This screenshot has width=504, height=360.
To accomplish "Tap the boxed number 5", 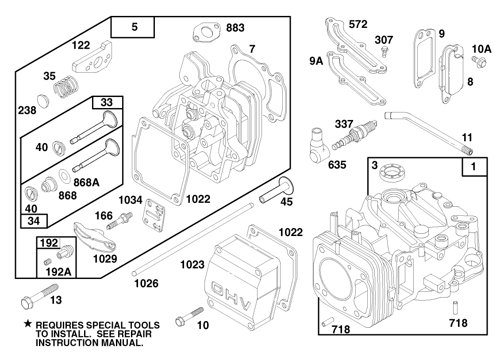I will point(135,27).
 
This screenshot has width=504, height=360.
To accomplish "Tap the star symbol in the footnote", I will point(27,325).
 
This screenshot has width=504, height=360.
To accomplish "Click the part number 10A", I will point(482,49).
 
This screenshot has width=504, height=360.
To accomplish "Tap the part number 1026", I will point(146,283).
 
